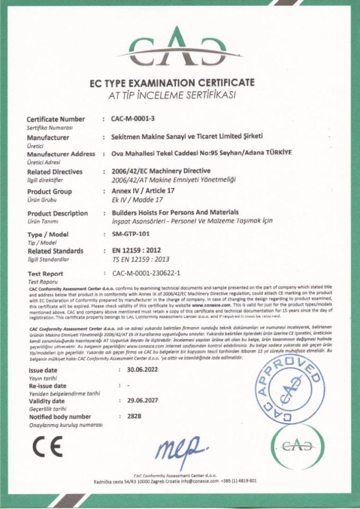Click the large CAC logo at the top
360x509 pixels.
click(180, 44)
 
